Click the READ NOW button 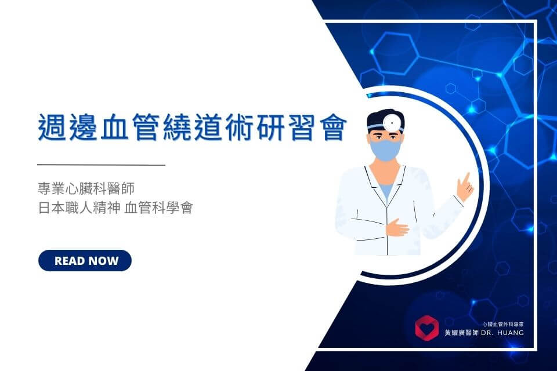pos(85,261)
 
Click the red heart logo pos(427,328)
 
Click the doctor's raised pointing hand pos(465,187)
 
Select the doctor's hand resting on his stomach pos(397,228)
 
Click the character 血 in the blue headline pos(114,128)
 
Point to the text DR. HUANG pos(502,333)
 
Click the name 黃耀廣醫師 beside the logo pos(461,333)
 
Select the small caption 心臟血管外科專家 pos(502,324)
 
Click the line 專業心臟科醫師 pos(86,188)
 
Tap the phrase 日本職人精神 pos(79,208)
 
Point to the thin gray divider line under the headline pos(101,165)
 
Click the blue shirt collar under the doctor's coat pos(386,191)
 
